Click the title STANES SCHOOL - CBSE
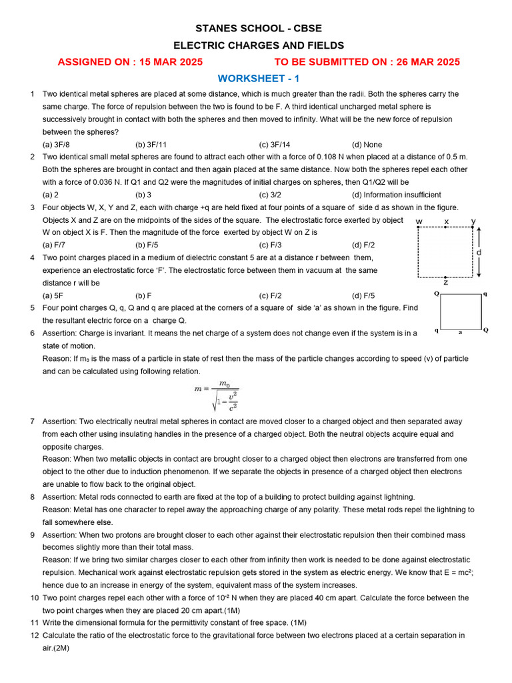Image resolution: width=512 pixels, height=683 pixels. [x=258, y=29]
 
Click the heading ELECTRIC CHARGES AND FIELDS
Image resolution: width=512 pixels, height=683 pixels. [x=259, y=45]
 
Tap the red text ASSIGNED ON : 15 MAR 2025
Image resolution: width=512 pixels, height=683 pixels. [x=130, y=62]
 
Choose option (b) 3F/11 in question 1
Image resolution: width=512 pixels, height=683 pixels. [x=151, y=145]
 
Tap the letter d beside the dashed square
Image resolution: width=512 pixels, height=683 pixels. [x=478, y=253]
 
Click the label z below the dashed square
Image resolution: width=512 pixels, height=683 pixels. [x=445, y=282]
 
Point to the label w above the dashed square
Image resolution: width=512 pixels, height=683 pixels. [x=419, y=221]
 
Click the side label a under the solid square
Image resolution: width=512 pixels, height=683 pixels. [x=459, y=331]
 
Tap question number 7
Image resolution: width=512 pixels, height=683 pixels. [x=32, y=422]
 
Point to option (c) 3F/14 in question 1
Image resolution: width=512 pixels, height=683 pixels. [x=275, y=145]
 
